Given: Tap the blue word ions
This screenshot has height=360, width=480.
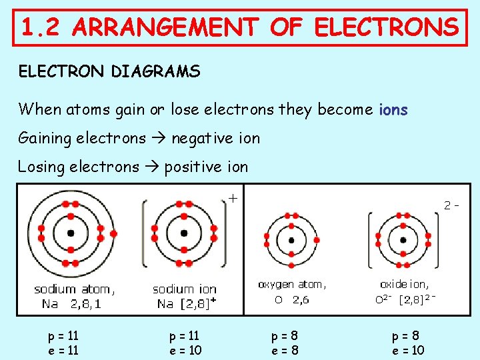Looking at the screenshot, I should pyautogui.click(x=393, y=109).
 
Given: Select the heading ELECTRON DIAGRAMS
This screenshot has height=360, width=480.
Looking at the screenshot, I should pyautogui.click(x=109, y=71).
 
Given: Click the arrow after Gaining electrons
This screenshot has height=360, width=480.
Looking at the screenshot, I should pyautogui.click(x=159, y=139).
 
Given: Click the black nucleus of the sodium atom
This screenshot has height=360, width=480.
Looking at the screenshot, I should pyautogui.click(x=71, y=233).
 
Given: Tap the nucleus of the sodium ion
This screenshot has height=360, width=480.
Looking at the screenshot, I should pyautogui.click(x=184, y=233).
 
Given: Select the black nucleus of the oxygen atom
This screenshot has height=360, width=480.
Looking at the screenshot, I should pyautogui.click(x=291, y=240).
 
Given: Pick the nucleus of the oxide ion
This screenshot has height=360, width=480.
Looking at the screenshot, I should pyautogui.click(x=403, y=240).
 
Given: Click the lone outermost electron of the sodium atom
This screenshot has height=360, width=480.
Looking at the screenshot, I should pyautogui.click(x=113, y=233).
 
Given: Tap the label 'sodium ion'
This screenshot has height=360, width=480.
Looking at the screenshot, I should pyautogui.click(x=185, y=289).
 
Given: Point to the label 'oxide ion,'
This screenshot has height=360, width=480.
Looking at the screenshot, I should pyautogui.click(x=405, y=285).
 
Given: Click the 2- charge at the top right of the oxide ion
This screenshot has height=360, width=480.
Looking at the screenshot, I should pyautogui.click(x=452, y=205).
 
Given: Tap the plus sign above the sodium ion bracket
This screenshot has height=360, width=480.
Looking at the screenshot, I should pyautogui.click(x=233, y=197).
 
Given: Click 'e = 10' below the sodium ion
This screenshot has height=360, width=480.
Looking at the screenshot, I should pyautogui.click(x=185, y=350).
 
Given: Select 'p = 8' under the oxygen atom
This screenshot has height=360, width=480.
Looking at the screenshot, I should pyautogui.click(x=284, y=336).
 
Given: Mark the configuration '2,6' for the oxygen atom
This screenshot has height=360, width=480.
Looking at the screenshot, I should pyautogui.click(x=301, y=300).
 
